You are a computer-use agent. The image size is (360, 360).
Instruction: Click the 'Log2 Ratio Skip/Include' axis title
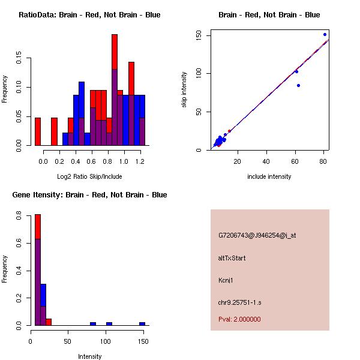click(x=89, y=176)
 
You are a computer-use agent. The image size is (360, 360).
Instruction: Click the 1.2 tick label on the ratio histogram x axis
click(x=140, y=161)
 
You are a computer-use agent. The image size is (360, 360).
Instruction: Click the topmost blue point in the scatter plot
click(x=325, y=35)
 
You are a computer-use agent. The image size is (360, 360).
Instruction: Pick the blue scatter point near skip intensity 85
click(x=298, y=85)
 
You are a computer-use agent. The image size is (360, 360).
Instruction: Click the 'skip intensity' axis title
click(x=184, y=90)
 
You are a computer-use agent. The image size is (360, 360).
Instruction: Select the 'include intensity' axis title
click(x=269, y=176)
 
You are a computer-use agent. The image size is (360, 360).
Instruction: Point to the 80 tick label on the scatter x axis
click(x=324, y=161)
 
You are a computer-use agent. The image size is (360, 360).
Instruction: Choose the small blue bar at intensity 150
click(x=142, y=323)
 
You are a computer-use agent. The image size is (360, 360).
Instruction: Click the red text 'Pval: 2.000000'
click(x=239, y=319)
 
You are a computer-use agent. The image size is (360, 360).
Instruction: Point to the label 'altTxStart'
click(x=232, y=258)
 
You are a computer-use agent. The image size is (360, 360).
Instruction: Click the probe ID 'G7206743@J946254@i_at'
click(x=257, y=235)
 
